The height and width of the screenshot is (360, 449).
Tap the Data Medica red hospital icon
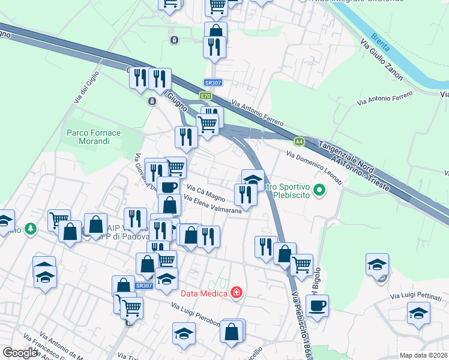coord(237,293)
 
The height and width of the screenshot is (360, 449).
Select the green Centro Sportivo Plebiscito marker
coord(319,191)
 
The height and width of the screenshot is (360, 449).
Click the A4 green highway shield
coord(299,142)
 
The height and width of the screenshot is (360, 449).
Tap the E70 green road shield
coord(206,96)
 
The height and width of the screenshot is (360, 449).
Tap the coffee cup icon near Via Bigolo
coord(317,305)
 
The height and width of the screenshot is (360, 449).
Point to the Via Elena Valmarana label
coord(213,204)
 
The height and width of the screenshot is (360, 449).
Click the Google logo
coord(20,353)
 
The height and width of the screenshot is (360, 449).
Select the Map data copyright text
coord(424,355)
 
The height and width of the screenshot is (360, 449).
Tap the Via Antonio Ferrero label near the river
coord(385,99)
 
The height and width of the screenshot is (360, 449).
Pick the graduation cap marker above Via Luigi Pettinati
coord(377,264)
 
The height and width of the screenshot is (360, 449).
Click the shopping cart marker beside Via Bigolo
coord(301,263)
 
